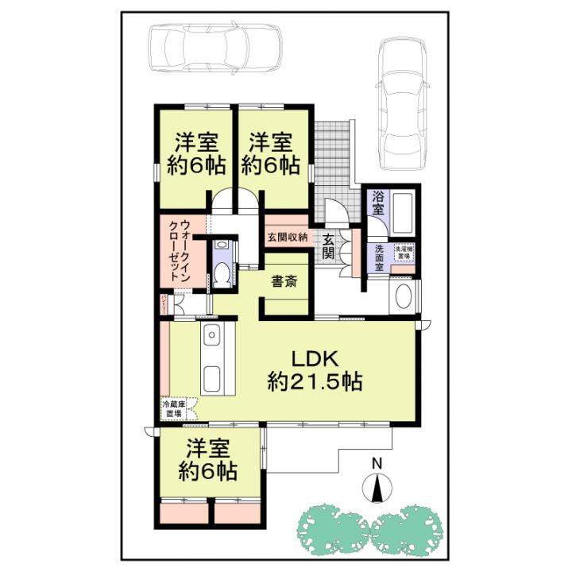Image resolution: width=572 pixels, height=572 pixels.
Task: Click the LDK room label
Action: [314, 357]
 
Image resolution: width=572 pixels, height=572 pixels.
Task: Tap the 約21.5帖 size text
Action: [315, 383]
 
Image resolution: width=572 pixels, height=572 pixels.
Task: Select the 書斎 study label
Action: [284, 281]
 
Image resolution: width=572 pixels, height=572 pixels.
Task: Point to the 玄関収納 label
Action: [287, 237]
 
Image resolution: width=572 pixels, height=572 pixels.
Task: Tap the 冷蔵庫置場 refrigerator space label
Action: [175, 409]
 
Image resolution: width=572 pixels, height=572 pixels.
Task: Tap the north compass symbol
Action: [377, 486]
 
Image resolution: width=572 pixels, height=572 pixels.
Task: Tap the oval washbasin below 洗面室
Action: [402, 300]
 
